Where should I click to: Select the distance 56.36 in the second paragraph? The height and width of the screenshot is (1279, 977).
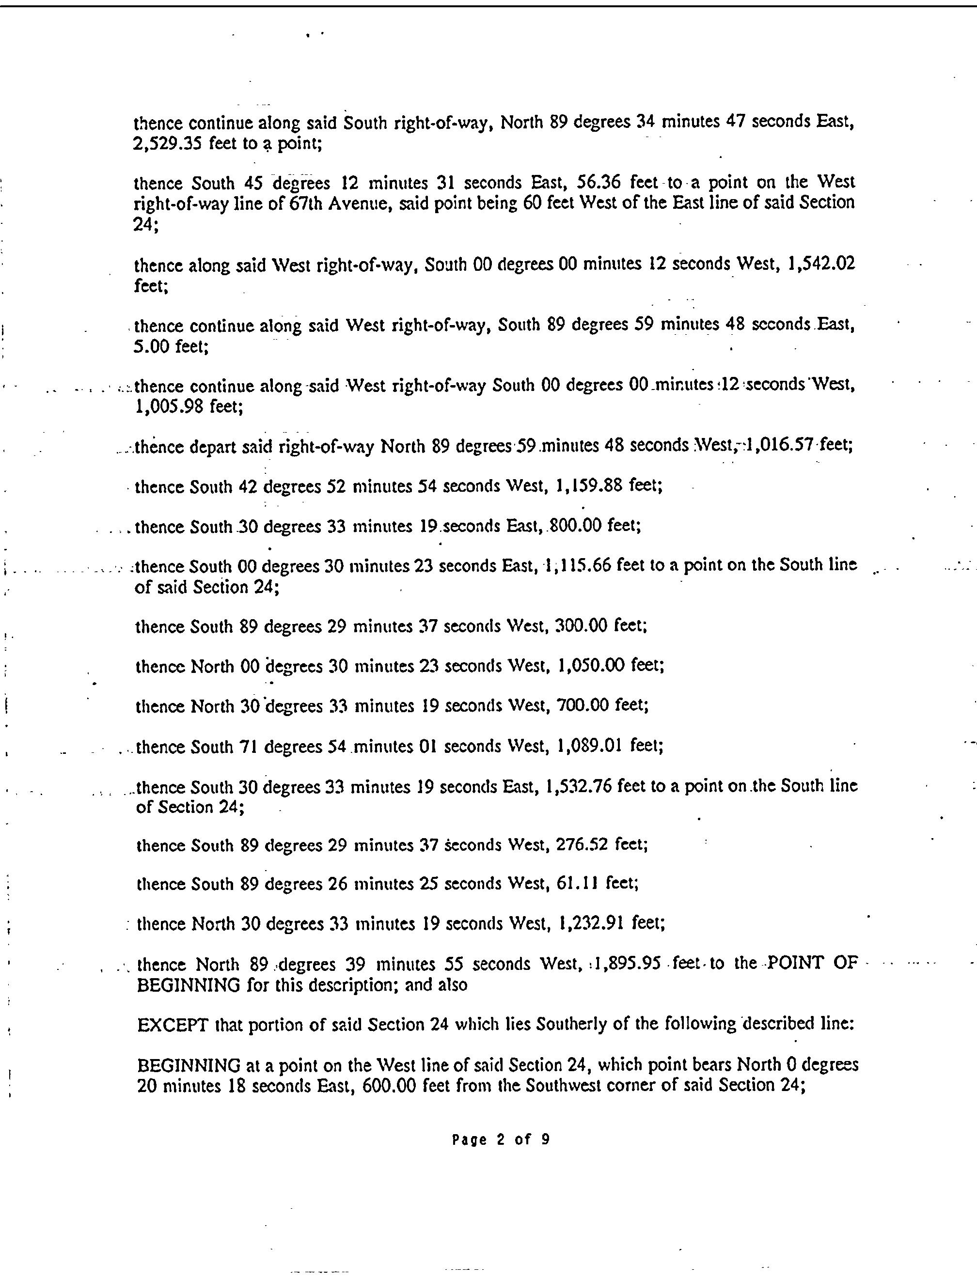[x=599, y=183]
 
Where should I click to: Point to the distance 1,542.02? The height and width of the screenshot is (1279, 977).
[x=820, y=265]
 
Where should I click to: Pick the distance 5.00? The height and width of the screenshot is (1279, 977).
[x=151, y=347]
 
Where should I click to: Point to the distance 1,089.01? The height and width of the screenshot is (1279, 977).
[x=590, y=746]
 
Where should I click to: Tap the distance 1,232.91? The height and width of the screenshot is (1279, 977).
[x=590, y=924]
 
